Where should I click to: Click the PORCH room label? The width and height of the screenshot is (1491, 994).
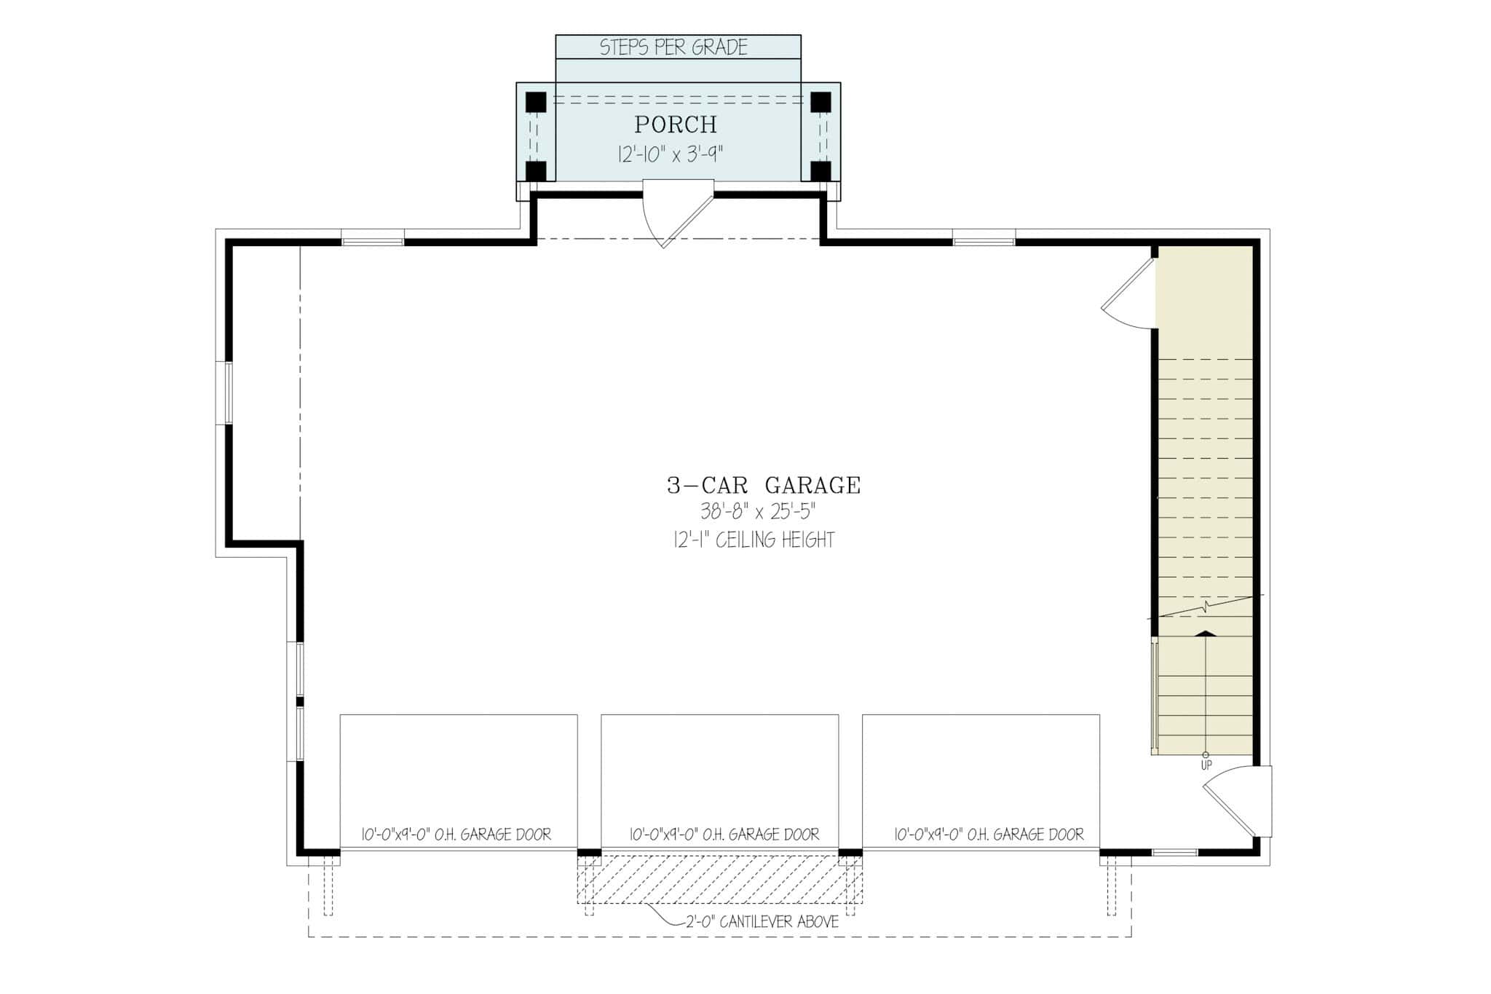676,125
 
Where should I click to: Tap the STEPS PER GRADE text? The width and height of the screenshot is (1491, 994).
673,47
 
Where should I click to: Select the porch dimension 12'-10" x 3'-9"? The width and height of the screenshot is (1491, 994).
671,154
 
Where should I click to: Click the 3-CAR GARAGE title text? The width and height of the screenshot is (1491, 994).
764,485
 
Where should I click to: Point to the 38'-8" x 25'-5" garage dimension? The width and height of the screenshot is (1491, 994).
758,512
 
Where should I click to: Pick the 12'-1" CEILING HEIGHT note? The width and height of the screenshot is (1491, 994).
754,540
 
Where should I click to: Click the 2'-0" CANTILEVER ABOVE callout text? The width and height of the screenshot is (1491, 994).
762,922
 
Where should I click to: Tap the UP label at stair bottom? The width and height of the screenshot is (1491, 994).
1206,765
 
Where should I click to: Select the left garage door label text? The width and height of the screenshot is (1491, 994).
456,835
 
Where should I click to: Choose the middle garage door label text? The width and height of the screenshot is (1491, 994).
724,835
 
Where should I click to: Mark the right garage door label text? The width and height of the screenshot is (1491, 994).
989,835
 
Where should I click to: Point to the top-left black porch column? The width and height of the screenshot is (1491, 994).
536,102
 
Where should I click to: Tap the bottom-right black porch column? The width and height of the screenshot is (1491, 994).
820,171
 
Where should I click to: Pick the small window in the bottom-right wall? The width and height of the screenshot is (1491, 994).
1174,852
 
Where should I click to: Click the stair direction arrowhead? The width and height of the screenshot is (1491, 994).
1206,634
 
